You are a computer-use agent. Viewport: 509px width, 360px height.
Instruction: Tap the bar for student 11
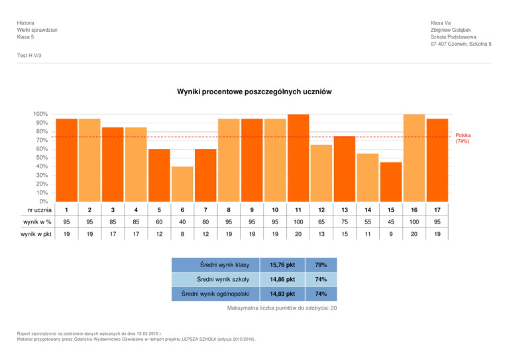(x=298, y=157)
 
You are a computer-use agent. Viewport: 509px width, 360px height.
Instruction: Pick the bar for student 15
(x=390, y=181)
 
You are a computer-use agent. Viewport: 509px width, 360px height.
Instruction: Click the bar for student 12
(x=321, y=172)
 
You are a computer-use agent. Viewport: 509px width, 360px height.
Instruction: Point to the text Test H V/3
(x=30, y=56)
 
